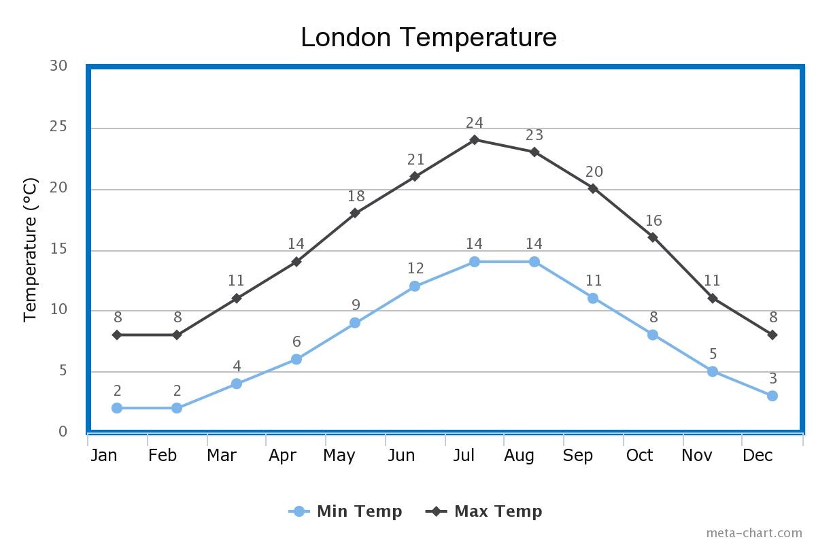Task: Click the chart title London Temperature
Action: (x=428, y=37)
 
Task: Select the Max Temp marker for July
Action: (x=475, y=139)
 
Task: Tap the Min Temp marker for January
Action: (x=117, y=408)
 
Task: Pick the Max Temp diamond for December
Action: (x=772, y=335)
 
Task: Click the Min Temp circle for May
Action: (x=355, y=322)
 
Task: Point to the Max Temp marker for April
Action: (x=296, y=261)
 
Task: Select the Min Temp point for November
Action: (x=713, y=371)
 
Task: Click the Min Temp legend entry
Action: (x=346, y=511)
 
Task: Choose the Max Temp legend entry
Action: (x=484, y=511)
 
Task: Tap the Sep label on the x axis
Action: (x=577, y=456)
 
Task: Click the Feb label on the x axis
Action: (x=163, y=456)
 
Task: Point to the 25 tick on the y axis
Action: (x=58, y=127)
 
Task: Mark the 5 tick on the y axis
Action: (x=63, y=371)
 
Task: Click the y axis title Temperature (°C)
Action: (x=31, y=250)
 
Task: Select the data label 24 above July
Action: (x=475, y=123)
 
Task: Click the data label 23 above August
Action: (x=534, y=135)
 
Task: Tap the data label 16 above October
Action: (x=653, y=221)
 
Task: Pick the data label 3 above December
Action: (x=772, y=379)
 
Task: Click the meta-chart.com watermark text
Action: (x=753, y=533)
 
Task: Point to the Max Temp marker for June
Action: (x=415, y=176)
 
